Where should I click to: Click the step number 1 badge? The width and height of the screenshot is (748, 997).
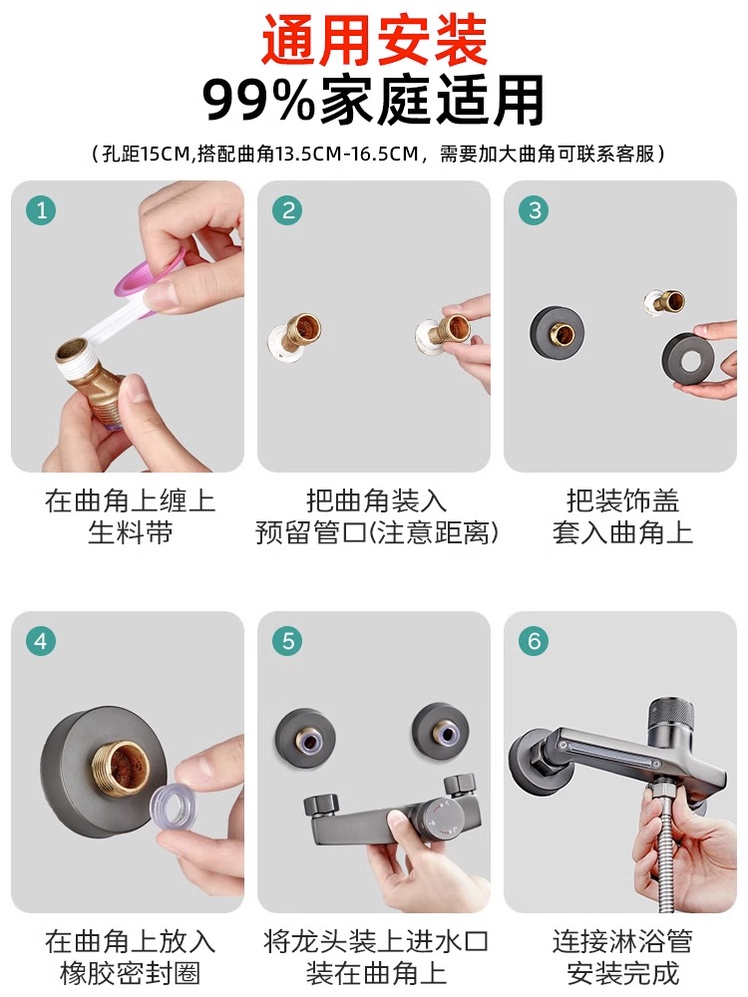[x=41, y=209]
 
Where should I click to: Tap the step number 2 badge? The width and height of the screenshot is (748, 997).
[x=287, y=209]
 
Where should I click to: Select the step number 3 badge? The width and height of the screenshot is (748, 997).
[x=535, y=209]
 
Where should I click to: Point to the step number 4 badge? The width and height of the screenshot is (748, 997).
[x=41, y=641]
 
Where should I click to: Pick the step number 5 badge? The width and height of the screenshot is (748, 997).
[x=287, y=641]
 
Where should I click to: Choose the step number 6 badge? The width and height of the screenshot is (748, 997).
[x=535, y=641]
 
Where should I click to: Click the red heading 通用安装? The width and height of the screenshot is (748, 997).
[x=374, y=41]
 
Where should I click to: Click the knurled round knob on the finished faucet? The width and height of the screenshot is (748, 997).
[x=673, y=723]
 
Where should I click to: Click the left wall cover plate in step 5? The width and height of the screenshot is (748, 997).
[x=306, y=738]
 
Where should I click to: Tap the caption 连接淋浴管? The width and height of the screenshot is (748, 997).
[x=622, y=941]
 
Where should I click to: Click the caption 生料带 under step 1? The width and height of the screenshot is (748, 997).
[x=130, y=531]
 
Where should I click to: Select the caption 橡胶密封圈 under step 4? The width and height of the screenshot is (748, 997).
[x=130, y=973]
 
